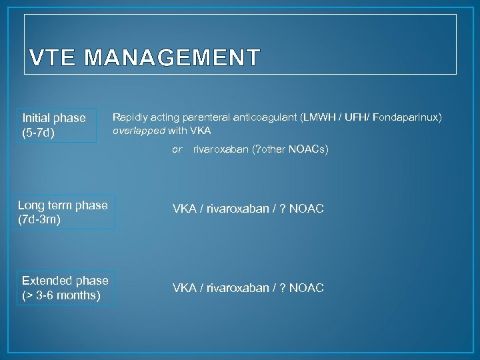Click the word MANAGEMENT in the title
pyautogui.click(x=172, y=59)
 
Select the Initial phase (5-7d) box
pyautogui.click(x=54, y=125)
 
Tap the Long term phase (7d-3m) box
pyautogui.click(x=63, y=212)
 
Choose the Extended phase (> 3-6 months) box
pyautogui.click(x=65, y=287)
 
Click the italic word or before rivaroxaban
pyautogui.click(x=177, y=149)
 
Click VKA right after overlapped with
pyautogui.click(x=200, y=131)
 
